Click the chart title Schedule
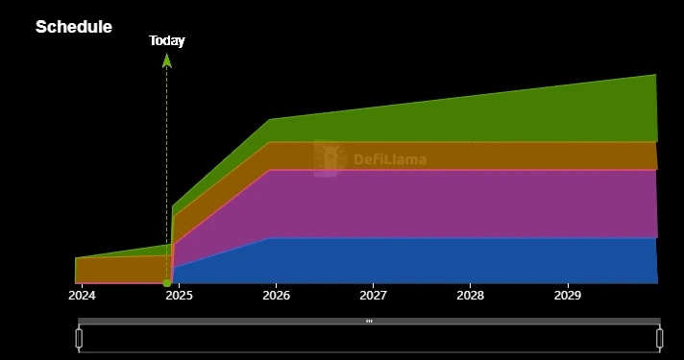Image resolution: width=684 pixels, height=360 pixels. pyautogui.click(x=73, y=27)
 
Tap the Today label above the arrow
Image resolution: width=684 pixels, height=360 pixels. pyautogui.click(x=167, y=40)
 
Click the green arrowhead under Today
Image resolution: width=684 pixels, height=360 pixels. pyautogui.click(x=167, y=60)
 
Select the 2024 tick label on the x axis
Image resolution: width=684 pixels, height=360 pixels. pyautogui.click(x=82, y=295)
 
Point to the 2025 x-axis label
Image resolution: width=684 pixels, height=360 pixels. pyautogui.click(x=179, y=295)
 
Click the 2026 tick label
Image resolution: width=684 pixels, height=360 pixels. pyautogui.click(x=276, y=295)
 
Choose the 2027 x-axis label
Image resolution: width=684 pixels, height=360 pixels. pyautogui.click(x=373, y=295)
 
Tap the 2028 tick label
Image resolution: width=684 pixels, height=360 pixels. pyautogui.click(x=470, y=295)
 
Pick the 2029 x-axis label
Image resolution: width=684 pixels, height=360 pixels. pyautogui.click(x=568, y=295)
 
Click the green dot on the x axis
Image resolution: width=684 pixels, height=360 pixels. pyautogui.click(x=167, y=282)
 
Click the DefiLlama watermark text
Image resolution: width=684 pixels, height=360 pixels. pyautogui.click(x=389, y=160)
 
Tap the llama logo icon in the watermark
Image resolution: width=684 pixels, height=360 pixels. pyautogui.click(x=330, y=158)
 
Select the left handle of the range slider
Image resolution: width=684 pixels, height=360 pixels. pyautogui.click(x=80, y=338)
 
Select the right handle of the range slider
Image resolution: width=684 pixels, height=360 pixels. pyautogui.click(x=660, y=338)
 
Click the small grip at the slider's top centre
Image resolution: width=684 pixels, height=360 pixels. pyautogui.click(x=369, y=321)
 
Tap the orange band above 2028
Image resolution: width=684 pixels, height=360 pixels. pyautogui.click(x=470, y=156)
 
